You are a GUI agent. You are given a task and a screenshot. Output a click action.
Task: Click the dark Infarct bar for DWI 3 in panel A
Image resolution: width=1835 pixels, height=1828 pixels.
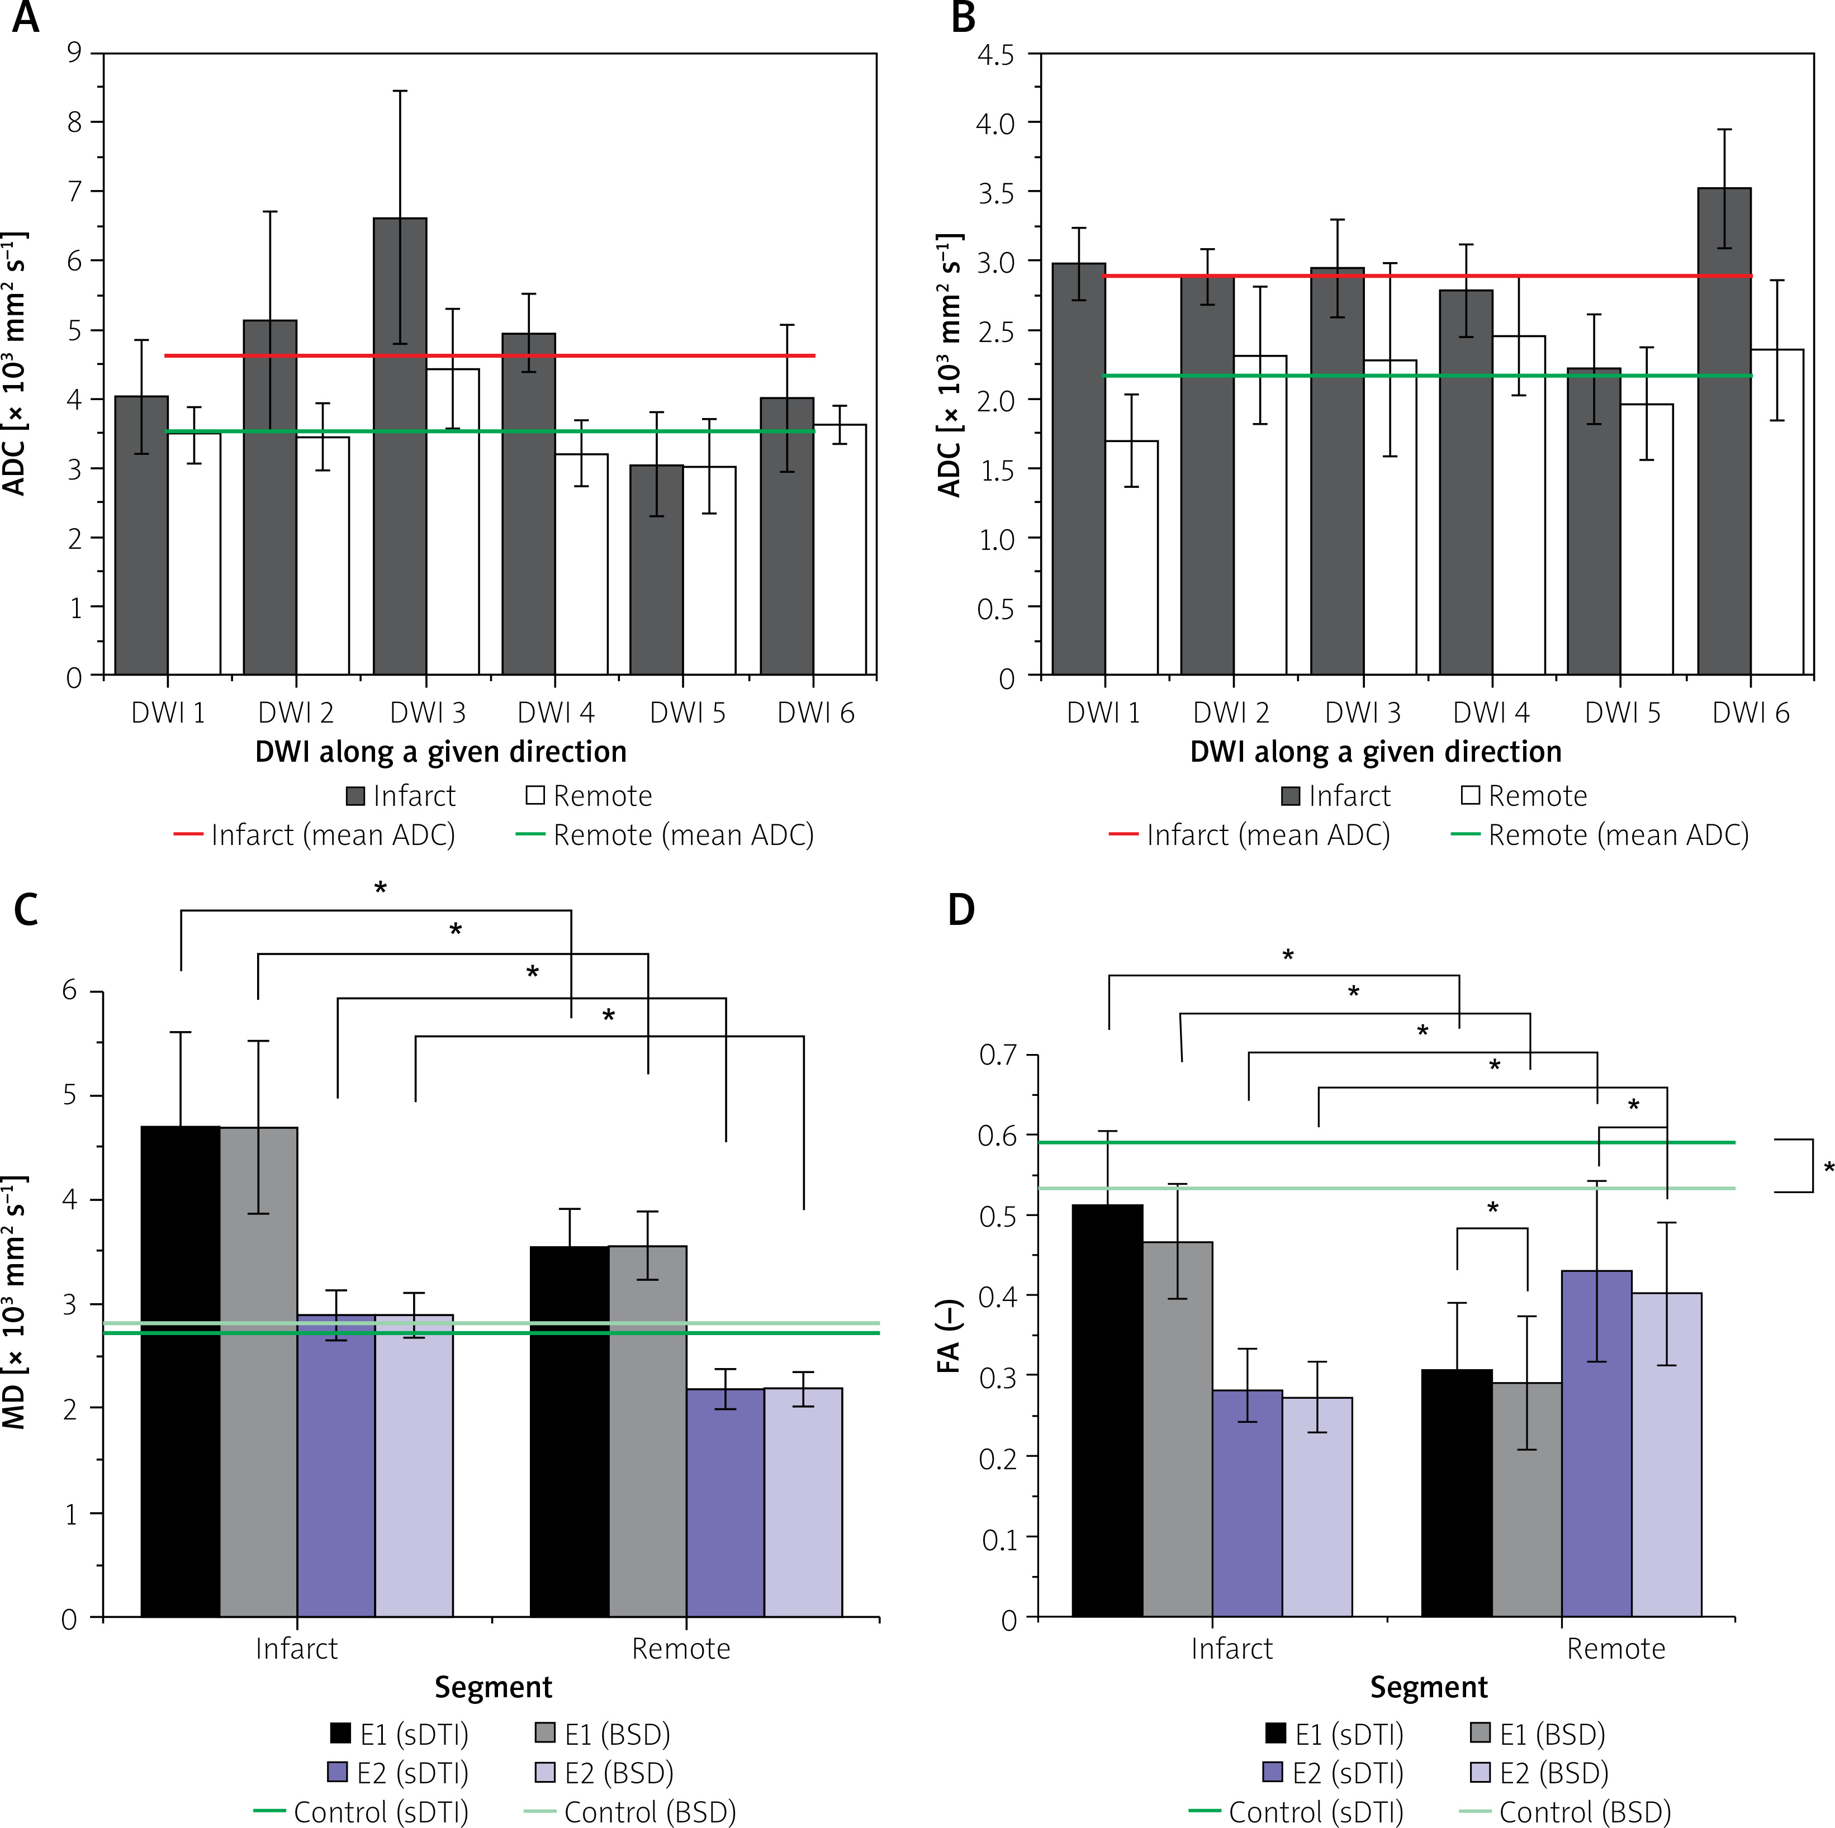point(400,447)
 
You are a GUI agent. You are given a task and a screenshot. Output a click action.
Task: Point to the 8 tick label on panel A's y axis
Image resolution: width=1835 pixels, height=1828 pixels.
point(74,122)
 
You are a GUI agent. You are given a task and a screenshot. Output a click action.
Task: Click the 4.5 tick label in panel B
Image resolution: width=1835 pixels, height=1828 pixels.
point(995,55)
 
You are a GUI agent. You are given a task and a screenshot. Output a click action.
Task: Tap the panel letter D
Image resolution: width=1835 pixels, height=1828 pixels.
point(961,910)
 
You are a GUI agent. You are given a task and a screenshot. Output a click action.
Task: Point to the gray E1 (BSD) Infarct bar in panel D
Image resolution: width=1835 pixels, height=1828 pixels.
point(1178,1429)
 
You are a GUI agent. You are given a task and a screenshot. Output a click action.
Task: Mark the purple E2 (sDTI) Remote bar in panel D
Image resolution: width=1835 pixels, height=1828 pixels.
point(1596,1444)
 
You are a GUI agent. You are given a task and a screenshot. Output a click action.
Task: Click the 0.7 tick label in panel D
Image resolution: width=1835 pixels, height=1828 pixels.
point(997,1055)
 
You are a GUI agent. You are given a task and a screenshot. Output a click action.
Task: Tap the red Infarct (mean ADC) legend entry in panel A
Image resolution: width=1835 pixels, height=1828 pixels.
point(314,835)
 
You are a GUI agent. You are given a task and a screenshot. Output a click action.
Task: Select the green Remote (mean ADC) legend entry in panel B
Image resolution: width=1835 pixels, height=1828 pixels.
point(1600,835)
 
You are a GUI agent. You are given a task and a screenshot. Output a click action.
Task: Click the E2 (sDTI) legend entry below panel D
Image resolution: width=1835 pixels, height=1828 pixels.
point(1334,1773)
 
